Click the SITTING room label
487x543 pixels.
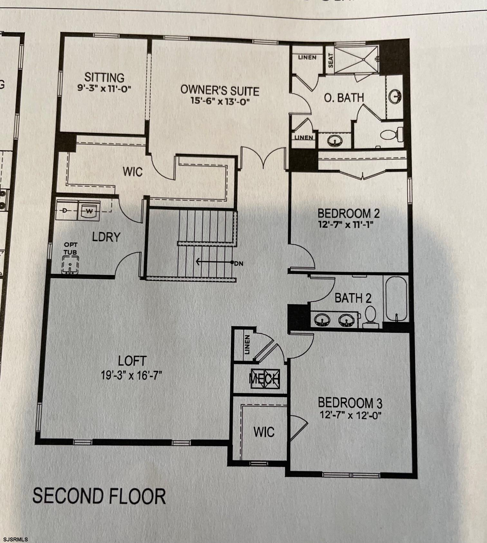tap(104, 78)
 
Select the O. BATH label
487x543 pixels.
tap(344, 98)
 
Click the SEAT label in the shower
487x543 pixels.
tap(331, 60)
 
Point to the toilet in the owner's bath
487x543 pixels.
tap(392, 134)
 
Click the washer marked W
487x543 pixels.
tap(89, 211)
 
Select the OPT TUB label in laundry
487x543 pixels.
tap(70, 249)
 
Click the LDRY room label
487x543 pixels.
tap(106, 237)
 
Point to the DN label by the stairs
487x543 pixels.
tap(239, 263)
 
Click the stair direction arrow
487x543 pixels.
tap(213, 262)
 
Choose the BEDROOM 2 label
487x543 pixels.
tap(349, 213)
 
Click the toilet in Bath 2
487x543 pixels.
tap(370, 317)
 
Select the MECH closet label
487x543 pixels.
tap(264, 379)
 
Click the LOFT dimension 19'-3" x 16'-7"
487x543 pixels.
tap(131, 375)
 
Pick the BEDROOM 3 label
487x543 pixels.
tap(350, 403)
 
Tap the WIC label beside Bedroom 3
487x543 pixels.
tap(264, 432)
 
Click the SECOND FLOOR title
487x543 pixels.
tap(99, 496)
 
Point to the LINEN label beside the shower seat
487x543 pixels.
tap(307, 58)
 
